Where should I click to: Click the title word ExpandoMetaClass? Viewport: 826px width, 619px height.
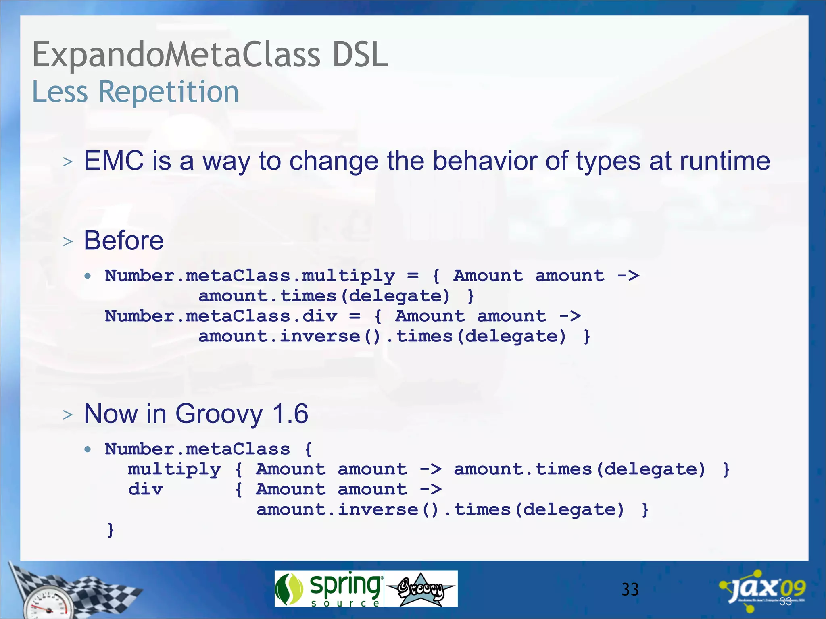point(176,55)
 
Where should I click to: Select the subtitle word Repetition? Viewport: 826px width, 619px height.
point(169,92)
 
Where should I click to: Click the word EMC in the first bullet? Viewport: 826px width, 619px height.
point(114,161)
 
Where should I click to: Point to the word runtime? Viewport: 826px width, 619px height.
point(725,161)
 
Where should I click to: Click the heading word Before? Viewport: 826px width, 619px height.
point(124,241)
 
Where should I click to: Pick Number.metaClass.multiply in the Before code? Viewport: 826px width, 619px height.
point(250,276)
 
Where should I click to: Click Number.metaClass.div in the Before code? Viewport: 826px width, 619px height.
point(221,316)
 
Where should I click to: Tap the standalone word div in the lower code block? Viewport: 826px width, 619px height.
point(146,490)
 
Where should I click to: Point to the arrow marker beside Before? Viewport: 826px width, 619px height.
point(68,242)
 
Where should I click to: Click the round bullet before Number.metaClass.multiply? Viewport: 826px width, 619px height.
point(88,276)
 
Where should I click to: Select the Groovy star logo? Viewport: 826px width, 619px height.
point(421,589)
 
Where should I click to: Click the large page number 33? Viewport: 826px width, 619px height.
point(630,590)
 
